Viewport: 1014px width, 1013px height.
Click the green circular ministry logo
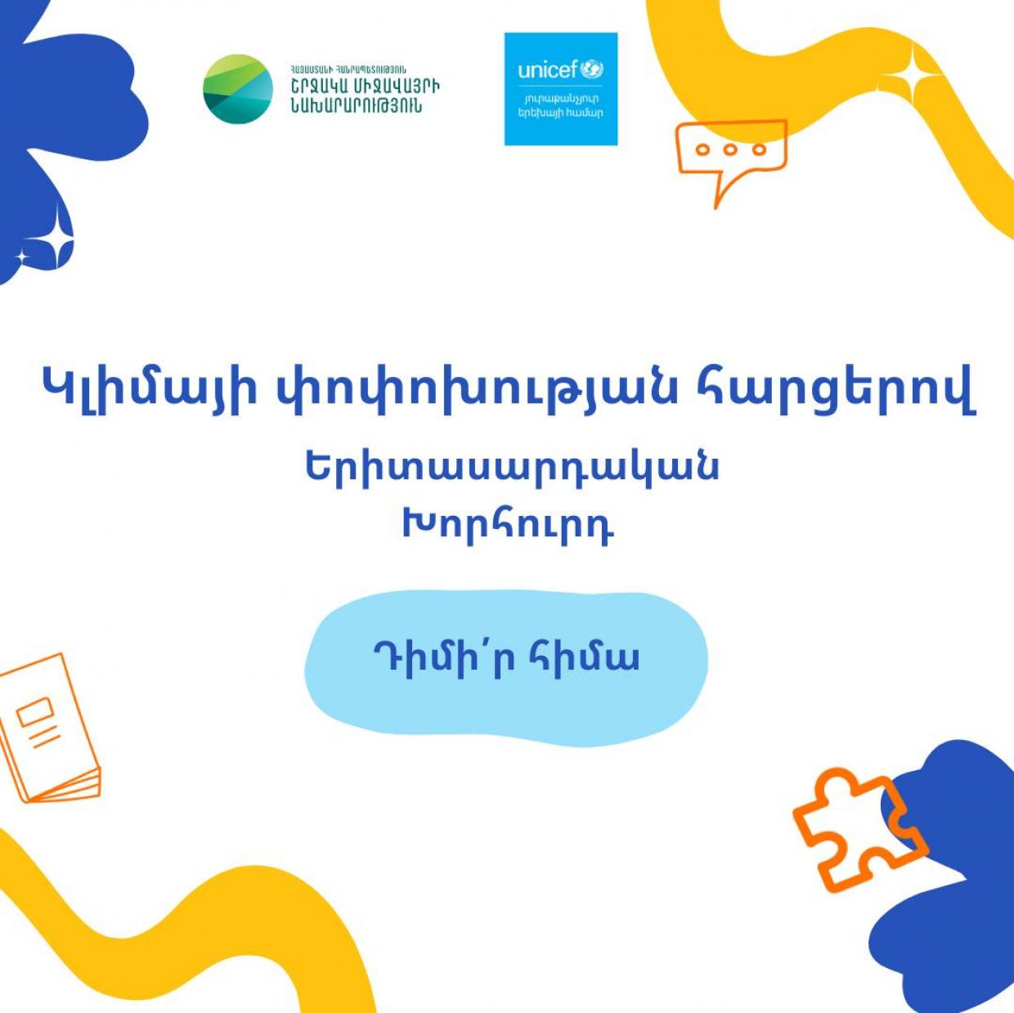click(x=238, y=89)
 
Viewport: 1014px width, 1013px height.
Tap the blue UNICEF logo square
click(x=561, y=89)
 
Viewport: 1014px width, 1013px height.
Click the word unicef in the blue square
click(x=549, y=70)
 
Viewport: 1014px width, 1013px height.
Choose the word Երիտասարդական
click(x=511, y=468)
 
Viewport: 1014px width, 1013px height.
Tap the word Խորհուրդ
click(x=509, y=524)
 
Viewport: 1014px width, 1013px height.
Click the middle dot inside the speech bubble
click(x=730, y=150)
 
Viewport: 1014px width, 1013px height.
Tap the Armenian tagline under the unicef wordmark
click(x=560, y=105)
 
